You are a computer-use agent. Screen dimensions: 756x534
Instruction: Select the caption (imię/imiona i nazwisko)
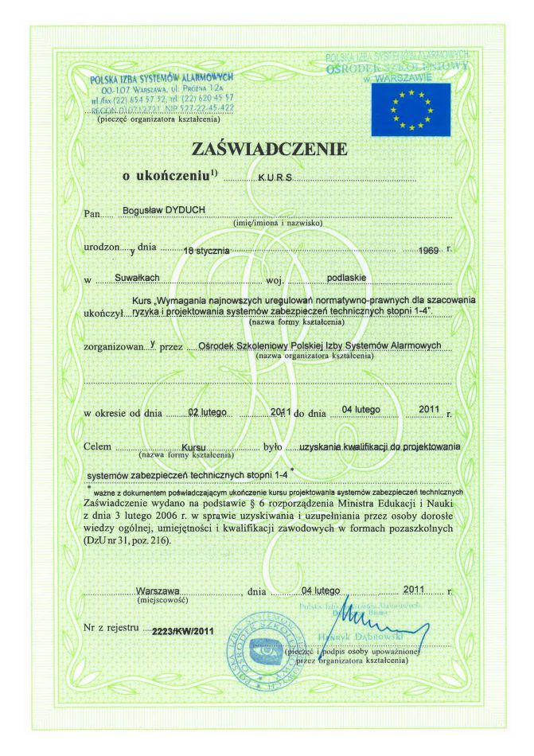(276, 224)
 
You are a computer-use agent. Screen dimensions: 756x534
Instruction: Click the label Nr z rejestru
(110, 629)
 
